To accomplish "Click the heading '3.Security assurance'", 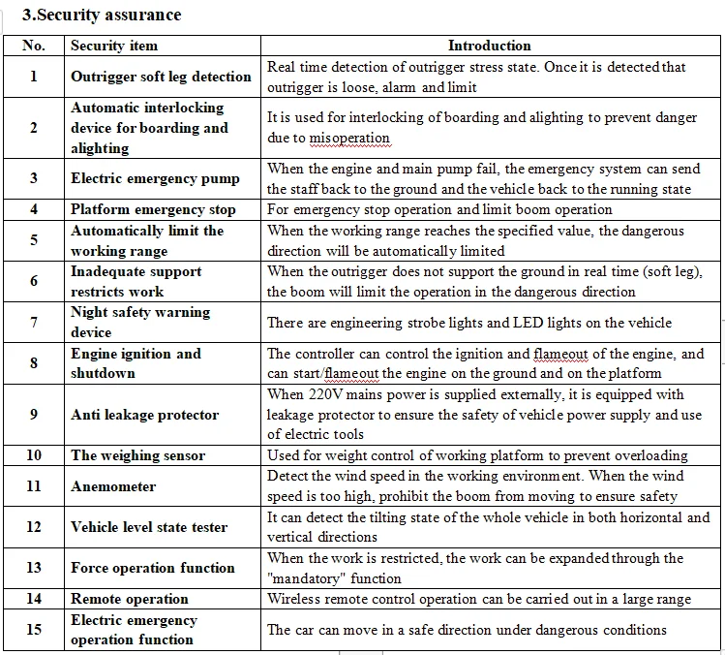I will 103,15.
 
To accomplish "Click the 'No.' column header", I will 34,46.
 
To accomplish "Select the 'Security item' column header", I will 114,46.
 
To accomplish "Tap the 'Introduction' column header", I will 489,46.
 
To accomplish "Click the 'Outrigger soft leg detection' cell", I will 161,77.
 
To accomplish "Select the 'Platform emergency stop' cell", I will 153,209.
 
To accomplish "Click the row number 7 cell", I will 34,323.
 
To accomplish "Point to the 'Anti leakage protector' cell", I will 144,415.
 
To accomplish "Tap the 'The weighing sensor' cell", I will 137,455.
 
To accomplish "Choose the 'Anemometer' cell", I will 113,486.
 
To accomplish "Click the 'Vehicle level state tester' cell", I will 149,527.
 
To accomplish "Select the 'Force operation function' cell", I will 153,568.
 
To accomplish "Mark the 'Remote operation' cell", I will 130,599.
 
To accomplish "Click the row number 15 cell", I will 34,630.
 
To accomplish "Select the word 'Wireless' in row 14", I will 294,599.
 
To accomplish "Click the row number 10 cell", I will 34,455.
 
